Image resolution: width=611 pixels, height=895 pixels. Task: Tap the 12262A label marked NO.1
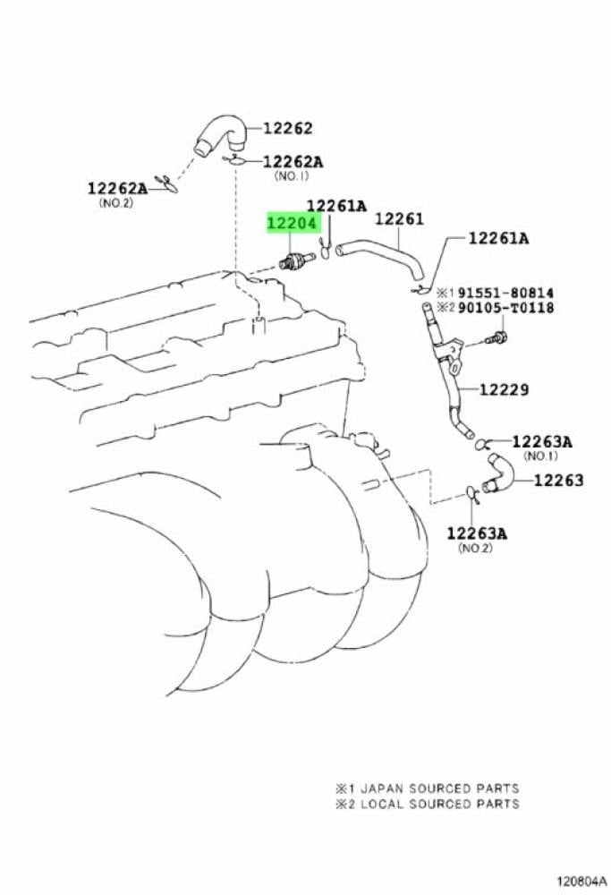[x=293, y=162]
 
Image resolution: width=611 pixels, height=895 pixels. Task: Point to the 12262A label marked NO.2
[x=117, y=189]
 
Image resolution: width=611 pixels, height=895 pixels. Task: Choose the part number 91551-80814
[x=507, y=293]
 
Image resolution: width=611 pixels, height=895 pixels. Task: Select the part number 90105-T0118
[x=507, y=309]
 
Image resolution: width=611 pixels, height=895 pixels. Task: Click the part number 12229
[x=504, y=390]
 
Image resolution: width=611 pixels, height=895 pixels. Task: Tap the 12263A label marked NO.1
[x=541, y=441]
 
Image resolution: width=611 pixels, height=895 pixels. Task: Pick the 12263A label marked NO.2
[x=477, y=533]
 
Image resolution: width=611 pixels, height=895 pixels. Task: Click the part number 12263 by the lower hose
[x=558, y=481]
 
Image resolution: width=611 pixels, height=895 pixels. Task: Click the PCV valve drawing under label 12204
[x=293, y=261]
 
